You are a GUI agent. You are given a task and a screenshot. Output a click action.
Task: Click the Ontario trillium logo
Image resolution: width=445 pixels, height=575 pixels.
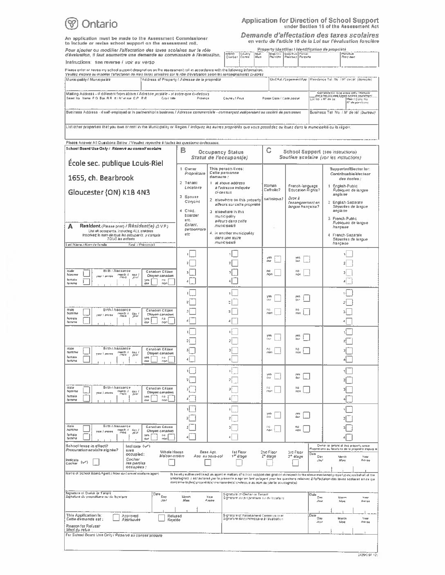(72, 24)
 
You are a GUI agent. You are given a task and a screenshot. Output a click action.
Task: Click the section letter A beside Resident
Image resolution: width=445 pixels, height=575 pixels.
(70, 226)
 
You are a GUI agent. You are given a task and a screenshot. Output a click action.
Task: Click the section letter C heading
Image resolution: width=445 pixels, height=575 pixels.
(269, 151)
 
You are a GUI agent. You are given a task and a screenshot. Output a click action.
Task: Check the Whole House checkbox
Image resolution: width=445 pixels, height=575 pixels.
(172, 463)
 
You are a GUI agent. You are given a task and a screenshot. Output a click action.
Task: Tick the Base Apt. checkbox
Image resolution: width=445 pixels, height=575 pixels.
(208, 463)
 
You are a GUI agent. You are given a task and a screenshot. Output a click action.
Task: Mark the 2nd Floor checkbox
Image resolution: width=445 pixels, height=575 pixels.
(269, 463)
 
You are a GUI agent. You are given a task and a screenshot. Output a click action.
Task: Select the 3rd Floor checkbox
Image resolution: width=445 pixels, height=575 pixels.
(295, 463)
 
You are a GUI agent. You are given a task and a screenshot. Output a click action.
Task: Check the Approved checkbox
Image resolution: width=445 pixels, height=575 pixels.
(116, 517)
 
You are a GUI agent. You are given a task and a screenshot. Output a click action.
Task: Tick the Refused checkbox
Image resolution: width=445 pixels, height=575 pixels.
(162, 517)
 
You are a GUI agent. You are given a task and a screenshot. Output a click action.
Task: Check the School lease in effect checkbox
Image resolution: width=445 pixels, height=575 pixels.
(96, 462)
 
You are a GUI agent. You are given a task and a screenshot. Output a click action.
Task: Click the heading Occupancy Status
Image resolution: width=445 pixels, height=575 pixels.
(220, 152)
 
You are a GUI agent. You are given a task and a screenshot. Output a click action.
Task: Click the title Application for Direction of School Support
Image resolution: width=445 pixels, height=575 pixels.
(310, 20)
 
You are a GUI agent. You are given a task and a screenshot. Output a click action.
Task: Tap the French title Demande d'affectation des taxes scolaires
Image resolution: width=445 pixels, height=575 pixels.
(310, 36)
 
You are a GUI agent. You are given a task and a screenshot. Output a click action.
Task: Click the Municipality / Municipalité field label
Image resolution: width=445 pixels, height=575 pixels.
(88, 80)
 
